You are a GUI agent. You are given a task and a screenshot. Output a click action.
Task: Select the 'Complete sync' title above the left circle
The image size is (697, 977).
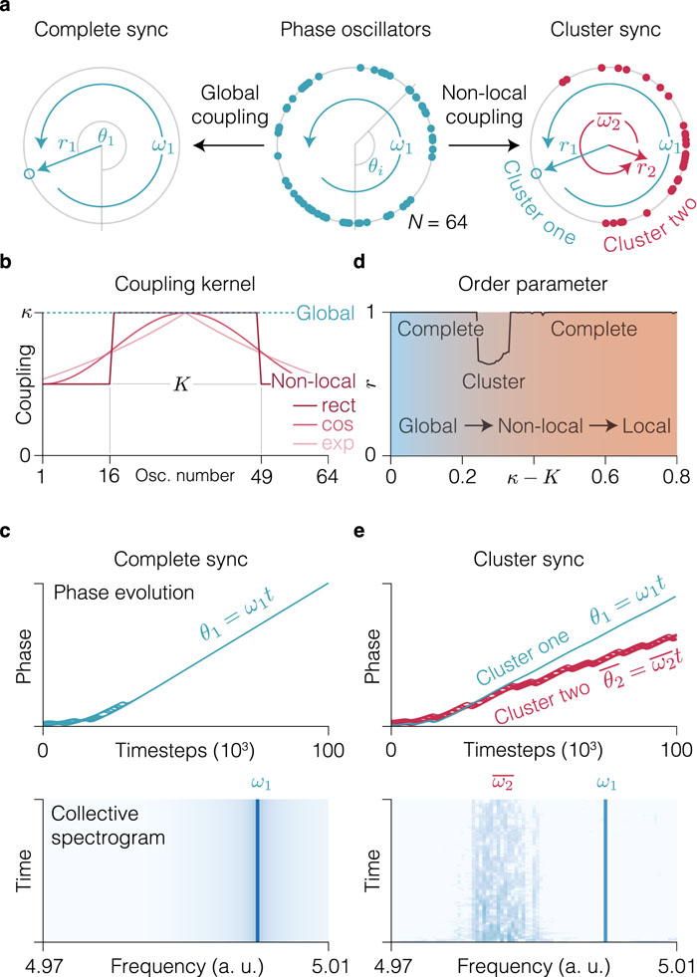(101, 30)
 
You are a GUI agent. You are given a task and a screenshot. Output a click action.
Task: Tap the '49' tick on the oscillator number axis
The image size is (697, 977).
(261, 477)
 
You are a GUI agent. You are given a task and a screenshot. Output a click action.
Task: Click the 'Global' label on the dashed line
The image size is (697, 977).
(326, 312)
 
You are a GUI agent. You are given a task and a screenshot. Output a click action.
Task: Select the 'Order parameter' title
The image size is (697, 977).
(533, 284)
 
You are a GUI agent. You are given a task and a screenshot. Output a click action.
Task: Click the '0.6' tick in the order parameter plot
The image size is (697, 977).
(604, 477)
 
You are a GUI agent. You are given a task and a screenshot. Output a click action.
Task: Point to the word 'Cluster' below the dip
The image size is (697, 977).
(493, 381)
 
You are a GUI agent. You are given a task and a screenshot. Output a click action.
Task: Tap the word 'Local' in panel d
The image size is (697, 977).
(646, 426)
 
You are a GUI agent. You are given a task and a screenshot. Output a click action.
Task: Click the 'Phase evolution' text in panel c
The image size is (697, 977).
(123, 593)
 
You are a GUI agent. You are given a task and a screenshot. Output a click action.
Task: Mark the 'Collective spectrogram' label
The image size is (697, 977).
(108, 825)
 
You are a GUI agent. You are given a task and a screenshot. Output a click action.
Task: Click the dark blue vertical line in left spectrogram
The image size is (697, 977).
(257, 869)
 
